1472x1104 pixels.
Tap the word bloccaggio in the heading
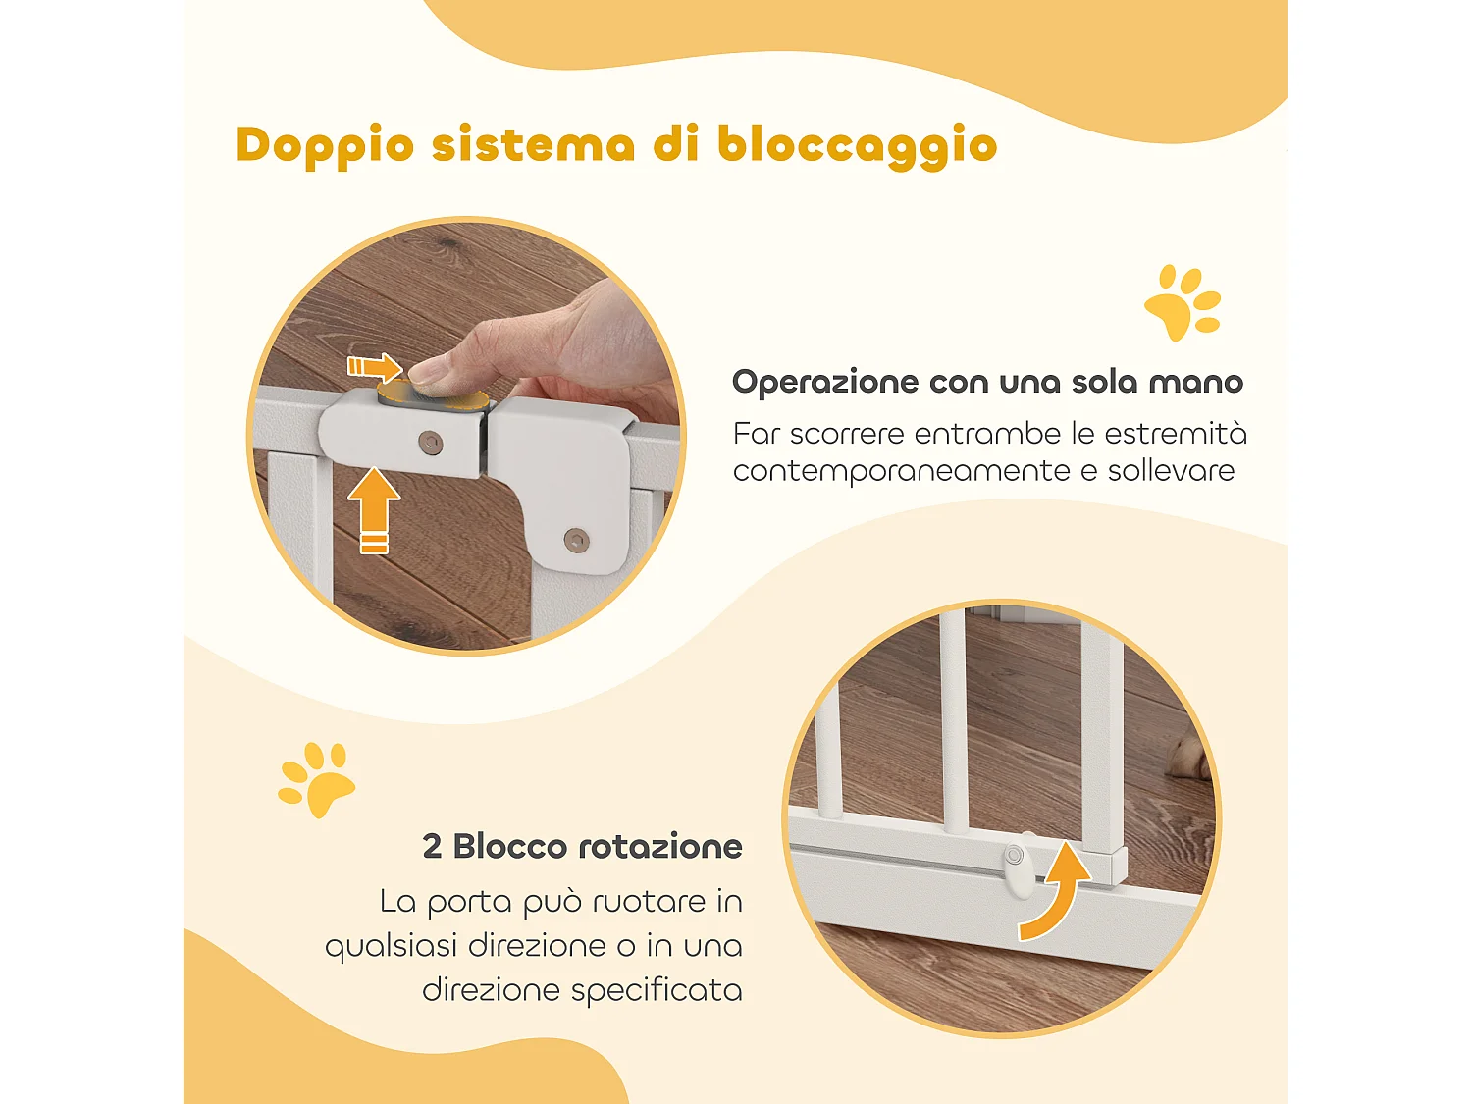tap(857, 146)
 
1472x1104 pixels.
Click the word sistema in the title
tap(533, 146)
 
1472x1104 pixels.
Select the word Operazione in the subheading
tap(824, 382)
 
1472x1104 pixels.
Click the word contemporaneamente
tap(901, 471)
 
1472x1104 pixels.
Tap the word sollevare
tap(1171, 471)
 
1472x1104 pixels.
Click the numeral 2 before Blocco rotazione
tap(432, 847)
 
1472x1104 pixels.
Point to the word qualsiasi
tap(390, 947)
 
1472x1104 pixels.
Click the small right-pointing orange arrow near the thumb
tap(375, 367)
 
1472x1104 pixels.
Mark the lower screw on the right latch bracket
tap(576, 539)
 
